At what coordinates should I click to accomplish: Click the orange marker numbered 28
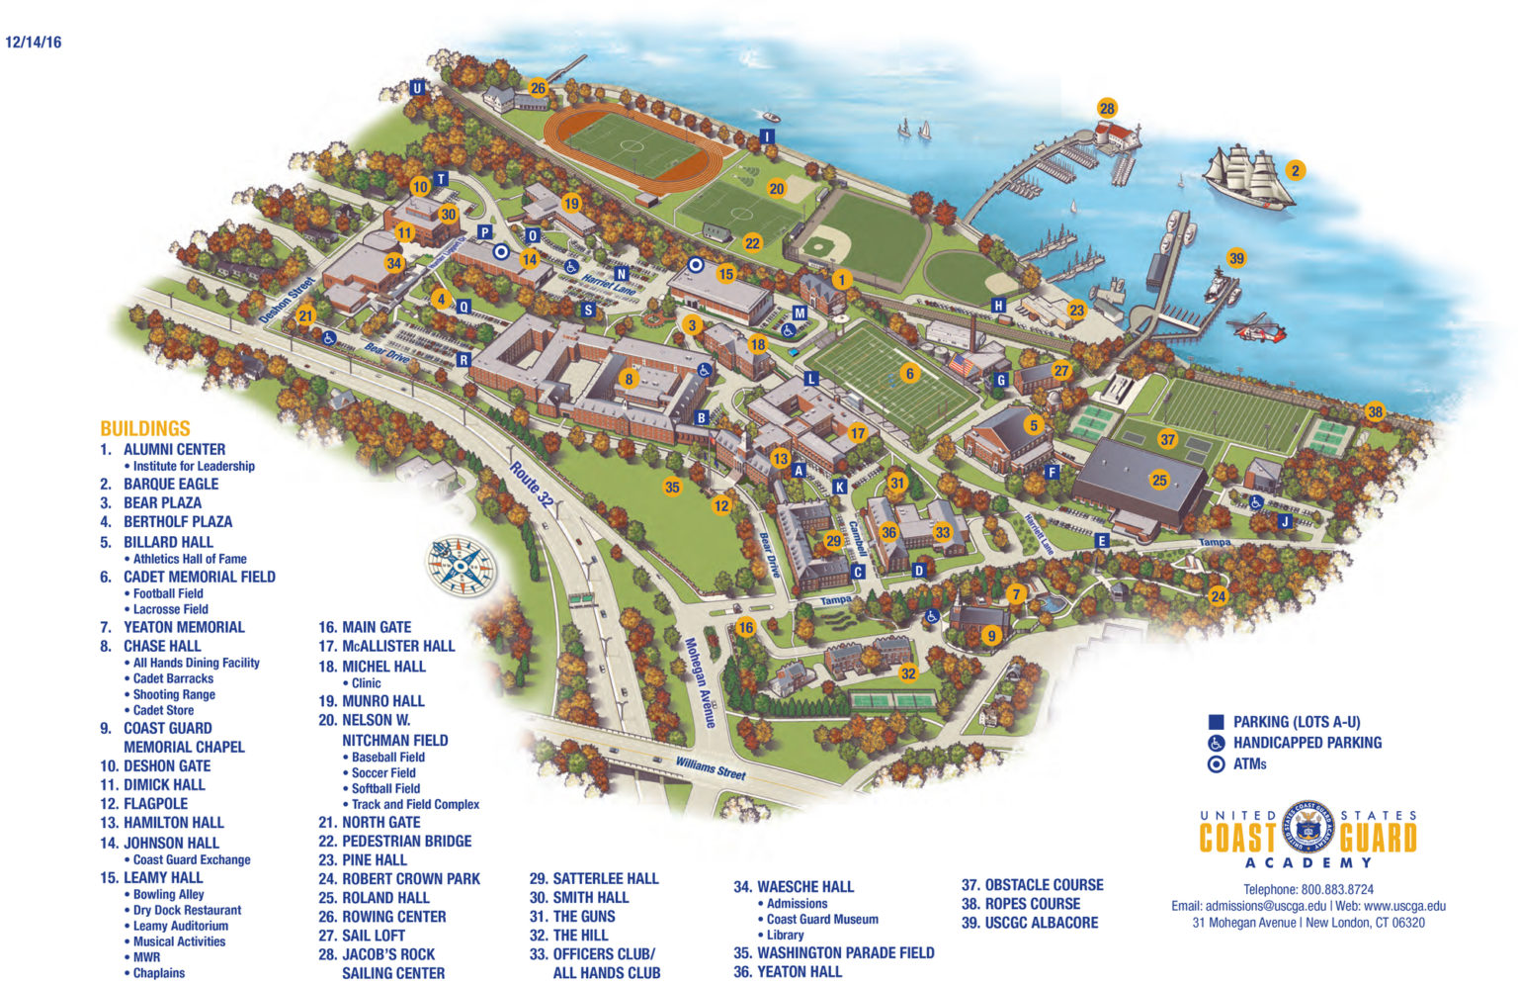1107,108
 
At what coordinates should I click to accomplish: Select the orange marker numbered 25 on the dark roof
1159,481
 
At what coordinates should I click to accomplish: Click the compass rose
461,567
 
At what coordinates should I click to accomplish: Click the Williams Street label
710,767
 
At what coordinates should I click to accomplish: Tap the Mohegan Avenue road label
700,681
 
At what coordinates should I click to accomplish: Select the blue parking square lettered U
417,88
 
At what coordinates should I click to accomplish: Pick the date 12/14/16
34,43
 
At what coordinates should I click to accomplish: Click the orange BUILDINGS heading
144,428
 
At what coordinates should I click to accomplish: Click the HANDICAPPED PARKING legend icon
1217,743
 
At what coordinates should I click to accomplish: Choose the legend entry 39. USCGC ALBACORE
1030,923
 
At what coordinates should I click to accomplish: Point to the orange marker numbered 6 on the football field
910,373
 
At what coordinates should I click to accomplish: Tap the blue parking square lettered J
1285,521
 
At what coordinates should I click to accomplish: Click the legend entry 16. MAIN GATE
365,627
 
